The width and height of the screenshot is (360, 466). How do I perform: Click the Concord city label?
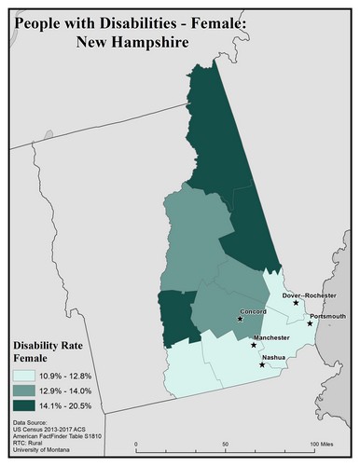click(x=254, y=311)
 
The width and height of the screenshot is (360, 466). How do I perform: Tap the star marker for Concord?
click(x=240, y=320)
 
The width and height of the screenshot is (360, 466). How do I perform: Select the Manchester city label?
click(x=271, y=337)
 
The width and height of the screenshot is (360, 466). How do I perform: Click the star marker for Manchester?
click(x=255, y=345)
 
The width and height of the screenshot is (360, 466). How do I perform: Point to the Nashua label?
click(x=274, y=357)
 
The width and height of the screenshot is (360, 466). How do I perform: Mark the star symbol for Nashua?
click(x=262, y=364)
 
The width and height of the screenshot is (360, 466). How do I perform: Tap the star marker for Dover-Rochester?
click(x=296, y=303)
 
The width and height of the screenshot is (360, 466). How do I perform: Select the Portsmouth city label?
click(x=327, y=316)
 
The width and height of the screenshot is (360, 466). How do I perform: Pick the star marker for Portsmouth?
click(x=311, y=323)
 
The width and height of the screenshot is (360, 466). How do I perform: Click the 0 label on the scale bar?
click(x=136, y=444)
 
